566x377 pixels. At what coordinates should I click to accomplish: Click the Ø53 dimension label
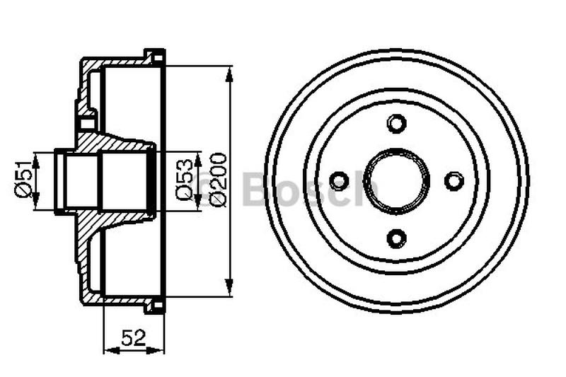(x=185, y=181)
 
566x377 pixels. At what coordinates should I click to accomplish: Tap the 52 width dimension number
(x=134, y=338)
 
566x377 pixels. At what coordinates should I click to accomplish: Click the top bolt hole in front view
(x=397, y=123)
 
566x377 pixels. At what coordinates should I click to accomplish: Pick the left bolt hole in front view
(x=340, y=180)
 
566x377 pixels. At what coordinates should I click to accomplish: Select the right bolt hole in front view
(x=454, y=180)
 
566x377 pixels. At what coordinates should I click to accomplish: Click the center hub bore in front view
(x=397, y=180)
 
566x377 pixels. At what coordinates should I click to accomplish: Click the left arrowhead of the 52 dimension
(x=108, y=349)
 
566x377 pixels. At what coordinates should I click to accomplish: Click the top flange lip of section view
(x=155, y=56)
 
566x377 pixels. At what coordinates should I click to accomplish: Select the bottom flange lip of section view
(x=155, y=306)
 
